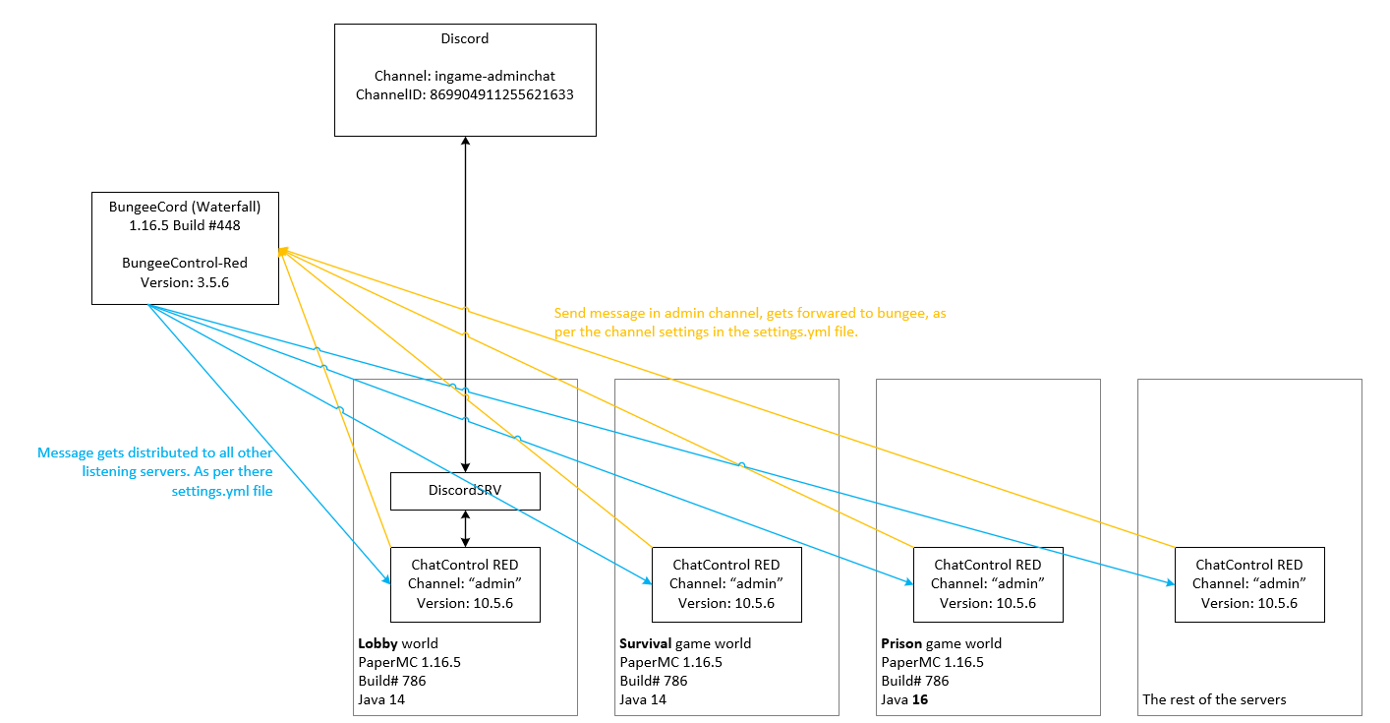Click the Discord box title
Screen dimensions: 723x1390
point(465,39)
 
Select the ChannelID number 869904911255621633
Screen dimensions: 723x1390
point(501,94)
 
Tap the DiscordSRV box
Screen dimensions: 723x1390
point(465,492)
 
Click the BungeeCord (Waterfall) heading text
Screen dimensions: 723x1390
point(185,206)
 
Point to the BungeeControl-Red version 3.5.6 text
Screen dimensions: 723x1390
point(185,281)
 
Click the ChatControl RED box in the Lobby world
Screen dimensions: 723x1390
point(465,584)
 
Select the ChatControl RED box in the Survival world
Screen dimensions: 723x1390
point(726,584)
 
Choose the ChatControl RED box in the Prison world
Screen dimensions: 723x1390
point(988,584)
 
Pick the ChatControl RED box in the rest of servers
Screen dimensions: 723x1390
point(1249,584)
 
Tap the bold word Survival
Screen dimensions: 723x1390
point(645,643)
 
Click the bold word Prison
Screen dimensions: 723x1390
point(902,643)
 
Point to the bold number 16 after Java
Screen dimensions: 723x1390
point(920,699)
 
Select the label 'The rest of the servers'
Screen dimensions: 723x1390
point(1214,699)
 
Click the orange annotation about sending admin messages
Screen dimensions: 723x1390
point(750,323)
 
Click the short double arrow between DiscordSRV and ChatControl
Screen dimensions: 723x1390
point(465,528)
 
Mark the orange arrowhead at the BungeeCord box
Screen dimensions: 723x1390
point(282,253)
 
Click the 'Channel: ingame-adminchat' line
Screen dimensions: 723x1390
point(465,76)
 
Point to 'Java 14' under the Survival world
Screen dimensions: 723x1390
point(643,699)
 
